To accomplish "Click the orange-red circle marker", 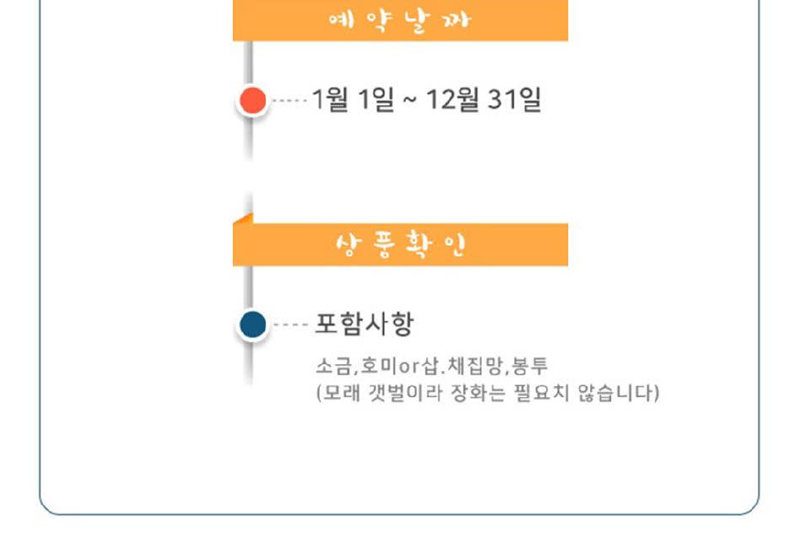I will [252, 101].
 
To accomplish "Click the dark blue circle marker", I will [252, 325].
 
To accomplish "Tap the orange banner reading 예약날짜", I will [400, 21].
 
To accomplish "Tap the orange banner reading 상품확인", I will [400, 245].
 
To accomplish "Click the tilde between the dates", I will [409, 101].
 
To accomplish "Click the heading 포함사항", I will [364, 325].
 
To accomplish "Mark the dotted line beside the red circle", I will [290, 101].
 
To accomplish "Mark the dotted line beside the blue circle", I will [290, 325].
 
